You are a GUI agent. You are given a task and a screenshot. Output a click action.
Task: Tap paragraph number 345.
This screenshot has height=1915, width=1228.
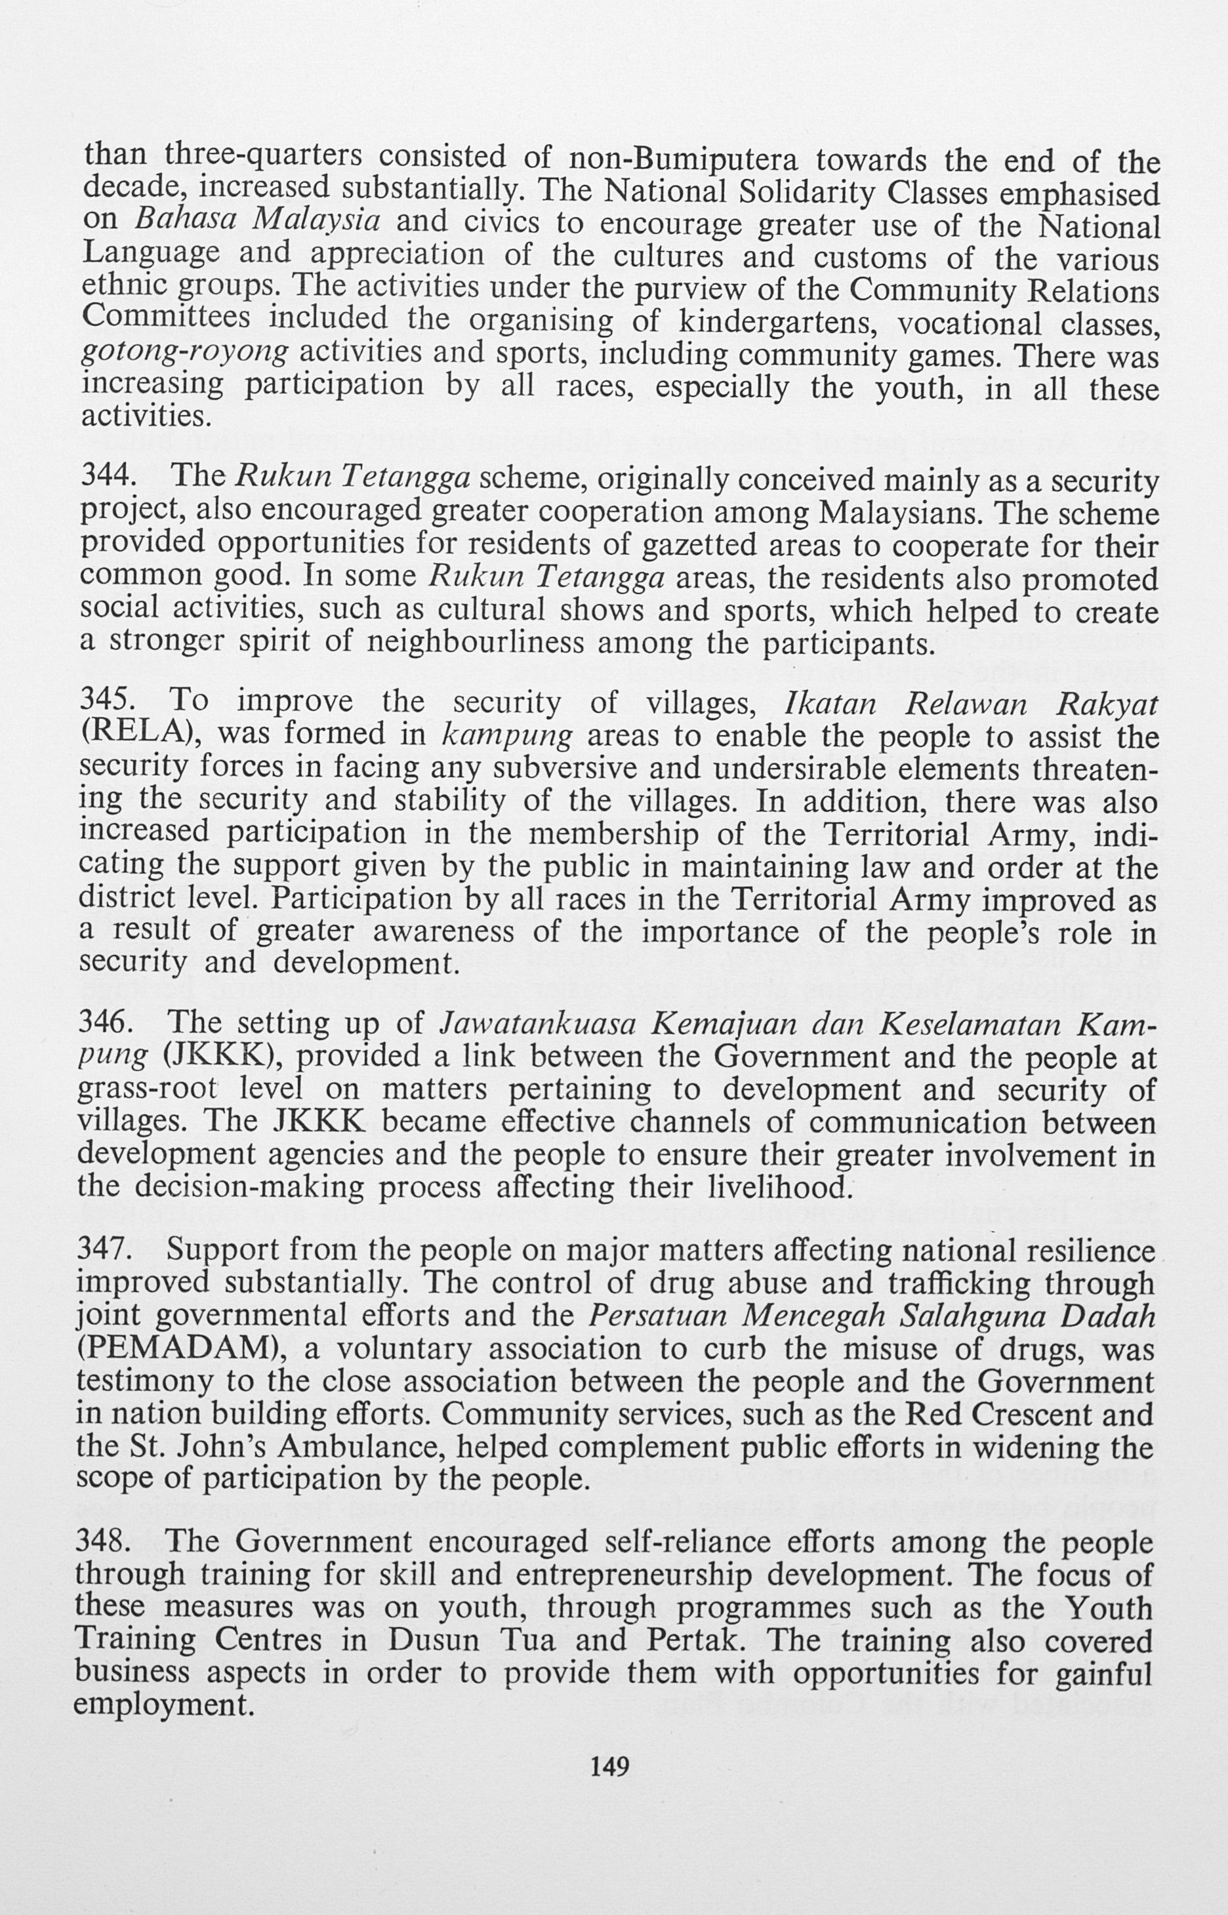click(x=107, y=701)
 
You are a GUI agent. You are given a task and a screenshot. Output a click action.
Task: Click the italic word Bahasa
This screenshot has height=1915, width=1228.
click(x=185, y=220)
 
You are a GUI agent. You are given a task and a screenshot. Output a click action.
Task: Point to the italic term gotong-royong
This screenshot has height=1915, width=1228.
click(x=185, y=352)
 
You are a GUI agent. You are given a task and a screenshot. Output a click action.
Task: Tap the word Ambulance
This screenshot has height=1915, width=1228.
click(x=354, y=1446)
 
